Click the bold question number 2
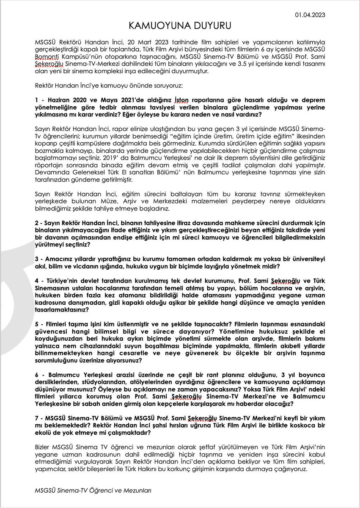[x=38, y=222]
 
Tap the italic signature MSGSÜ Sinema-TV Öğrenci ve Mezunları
[x=94, y=490]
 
